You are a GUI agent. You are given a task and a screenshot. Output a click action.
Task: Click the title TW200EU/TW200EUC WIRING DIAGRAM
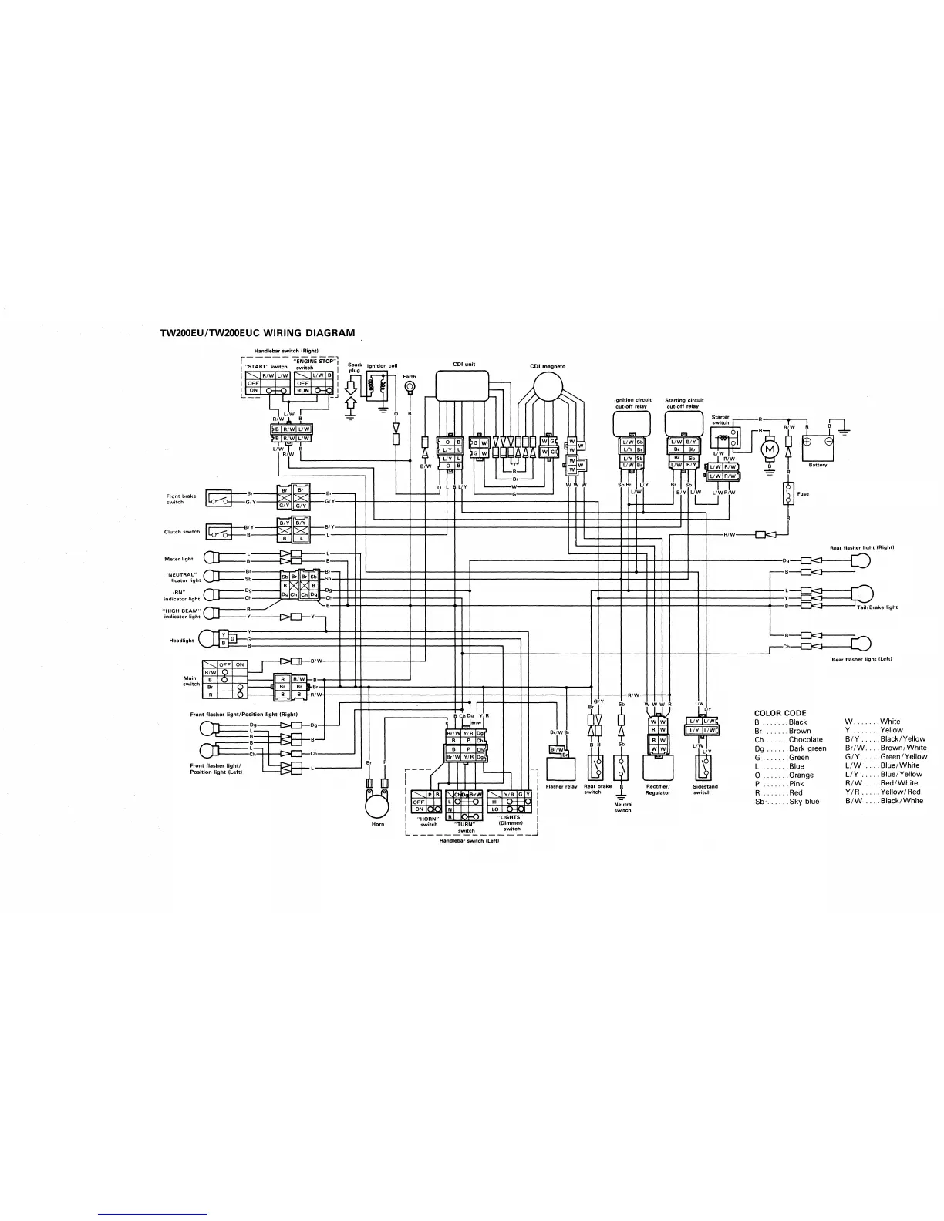pos(258,334)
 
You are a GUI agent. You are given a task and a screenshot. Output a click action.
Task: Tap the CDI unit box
pos(463,385)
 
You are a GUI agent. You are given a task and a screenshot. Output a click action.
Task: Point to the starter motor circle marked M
pos(769,447)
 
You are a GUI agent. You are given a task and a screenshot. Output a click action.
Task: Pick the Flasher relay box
pos(561,768)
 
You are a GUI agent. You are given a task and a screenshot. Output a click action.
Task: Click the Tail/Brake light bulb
pos(863,594)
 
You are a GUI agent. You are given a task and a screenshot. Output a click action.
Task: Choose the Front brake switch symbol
pos(218,498)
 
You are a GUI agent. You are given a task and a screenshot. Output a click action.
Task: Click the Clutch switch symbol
pos(218,531)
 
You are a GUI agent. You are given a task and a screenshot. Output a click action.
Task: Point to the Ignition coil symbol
pos(377,387)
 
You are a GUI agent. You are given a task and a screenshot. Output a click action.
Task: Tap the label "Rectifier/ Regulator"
pos(657,789)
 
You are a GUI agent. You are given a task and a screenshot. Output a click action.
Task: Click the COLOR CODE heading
pos(780,713)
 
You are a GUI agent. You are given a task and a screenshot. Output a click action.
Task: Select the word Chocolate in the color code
pos(805,740)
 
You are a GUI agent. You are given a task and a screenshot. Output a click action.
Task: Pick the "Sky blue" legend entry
pos(804,802)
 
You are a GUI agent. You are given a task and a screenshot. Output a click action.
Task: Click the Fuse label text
pos(803,494)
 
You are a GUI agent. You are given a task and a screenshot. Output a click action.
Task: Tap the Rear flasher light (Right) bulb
pos(861,561)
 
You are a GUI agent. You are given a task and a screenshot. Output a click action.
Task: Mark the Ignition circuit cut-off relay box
pos(632,423)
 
